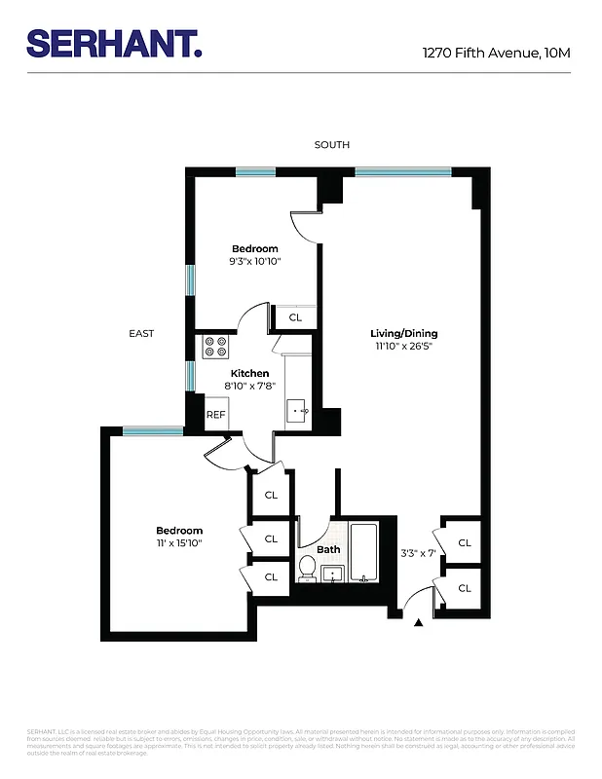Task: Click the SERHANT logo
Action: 114,45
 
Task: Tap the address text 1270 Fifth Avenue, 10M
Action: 496,53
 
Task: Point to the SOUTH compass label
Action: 331,145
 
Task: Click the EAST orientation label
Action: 141,334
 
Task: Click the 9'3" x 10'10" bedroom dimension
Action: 254,261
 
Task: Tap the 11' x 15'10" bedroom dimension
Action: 178,542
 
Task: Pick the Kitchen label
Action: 249,373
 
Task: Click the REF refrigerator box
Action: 215,415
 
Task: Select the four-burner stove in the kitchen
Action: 215,348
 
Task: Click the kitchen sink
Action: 298,411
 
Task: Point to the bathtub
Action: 363,553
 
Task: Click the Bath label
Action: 328,549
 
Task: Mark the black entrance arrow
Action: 420,621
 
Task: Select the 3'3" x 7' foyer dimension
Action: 418,553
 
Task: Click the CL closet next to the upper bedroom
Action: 295,317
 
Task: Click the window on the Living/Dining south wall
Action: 402,172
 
